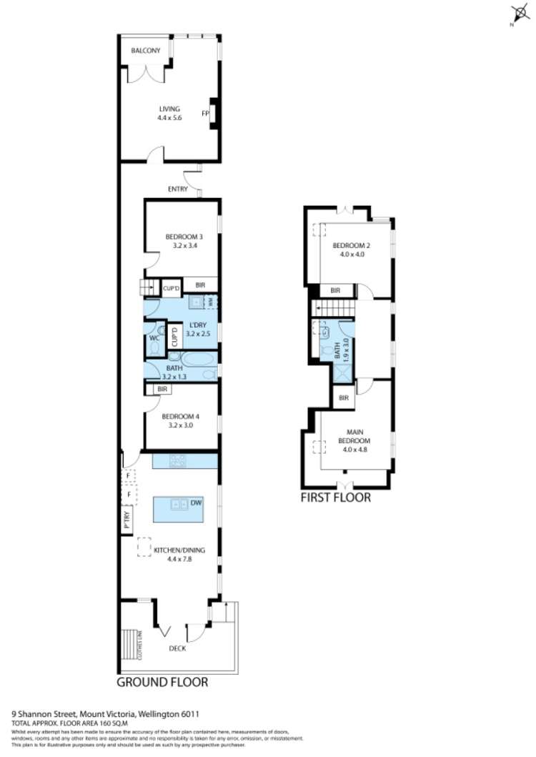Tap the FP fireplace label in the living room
coord(204,113)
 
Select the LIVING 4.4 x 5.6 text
coord(169,113)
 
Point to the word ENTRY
coord(177,189)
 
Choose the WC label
coord(153,337)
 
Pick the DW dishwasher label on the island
coord(196,503)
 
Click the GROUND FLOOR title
coord(162,683)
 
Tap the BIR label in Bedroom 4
coord(162,389)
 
